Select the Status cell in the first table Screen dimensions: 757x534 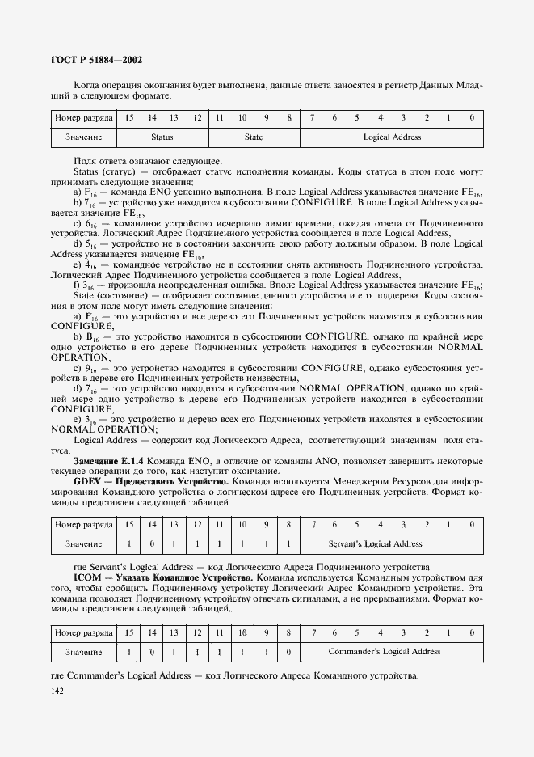(162, 137)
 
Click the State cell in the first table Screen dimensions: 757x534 (254, 137)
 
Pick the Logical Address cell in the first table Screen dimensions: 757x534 (392, 137)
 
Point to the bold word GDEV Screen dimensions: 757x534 (87, 480)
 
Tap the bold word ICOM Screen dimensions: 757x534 (86, 578)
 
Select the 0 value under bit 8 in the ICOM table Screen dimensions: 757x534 (288, 651)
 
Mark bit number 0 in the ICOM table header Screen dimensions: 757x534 (471, 632)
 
